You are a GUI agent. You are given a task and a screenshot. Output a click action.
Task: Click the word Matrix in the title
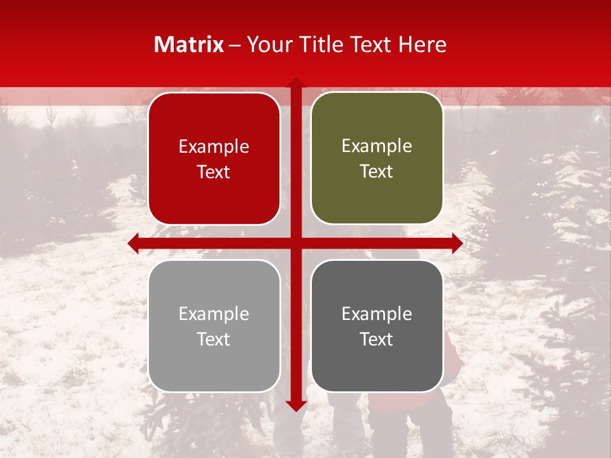coord(189,45)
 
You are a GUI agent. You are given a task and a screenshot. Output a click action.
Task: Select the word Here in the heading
coord(423,45)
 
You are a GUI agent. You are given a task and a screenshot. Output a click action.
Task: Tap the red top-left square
coord(214,159)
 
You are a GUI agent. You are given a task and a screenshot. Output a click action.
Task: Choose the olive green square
coord(377,158)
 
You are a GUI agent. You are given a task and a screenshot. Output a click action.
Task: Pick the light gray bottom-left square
coord(214,326)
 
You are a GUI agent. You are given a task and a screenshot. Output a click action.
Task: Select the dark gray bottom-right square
coord(377,326)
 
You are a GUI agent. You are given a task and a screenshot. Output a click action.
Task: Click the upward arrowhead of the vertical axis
coord(296,83)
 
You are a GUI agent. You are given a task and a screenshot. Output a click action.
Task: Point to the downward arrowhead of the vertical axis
coord(296,405)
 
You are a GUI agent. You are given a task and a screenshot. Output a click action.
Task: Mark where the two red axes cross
coord(296,243)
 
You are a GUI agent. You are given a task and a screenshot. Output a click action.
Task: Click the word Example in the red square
coord(214,147)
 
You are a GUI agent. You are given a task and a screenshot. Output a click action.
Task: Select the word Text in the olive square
coord(377,172)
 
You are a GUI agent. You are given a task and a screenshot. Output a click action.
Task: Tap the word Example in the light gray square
coord(214,314)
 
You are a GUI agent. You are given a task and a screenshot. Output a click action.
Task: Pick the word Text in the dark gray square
coord(377,339)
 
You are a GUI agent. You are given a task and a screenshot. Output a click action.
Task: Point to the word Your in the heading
coord(267,45)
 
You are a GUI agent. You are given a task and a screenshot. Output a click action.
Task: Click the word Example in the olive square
coord(377,146)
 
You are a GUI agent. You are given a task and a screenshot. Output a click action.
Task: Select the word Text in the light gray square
coord(214,339)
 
